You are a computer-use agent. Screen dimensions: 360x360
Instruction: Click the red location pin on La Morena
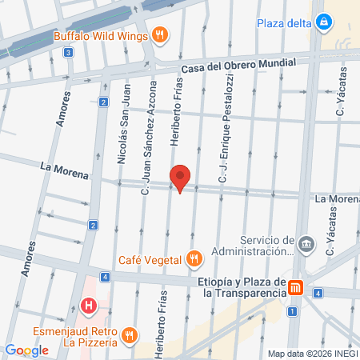181,178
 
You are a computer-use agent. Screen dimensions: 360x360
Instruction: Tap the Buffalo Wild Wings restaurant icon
161,34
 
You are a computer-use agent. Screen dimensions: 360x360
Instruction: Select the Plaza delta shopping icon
323,22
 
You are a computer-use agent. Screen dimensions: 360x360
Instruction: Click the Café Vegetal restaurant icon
194,258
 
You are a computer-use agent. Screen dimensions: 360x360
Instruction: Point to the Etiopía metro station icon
296,287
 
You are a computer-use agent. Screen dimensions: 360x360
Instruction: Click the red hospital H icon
89,305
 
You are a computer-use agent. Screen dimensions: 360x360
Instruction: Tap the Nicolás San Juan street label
122,135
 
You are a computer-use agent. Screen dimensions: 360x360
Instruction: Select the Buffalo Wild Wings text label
101,35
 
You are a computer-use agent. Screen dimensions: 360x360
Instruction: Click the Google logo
26,350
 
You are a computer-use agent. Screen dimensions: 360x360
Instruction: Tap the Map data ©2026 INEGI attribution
313,354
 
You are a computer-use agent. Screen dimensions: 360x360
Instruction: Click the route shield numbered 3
69,53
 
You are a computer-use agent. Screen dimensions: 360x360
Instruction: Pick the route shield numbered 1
292,310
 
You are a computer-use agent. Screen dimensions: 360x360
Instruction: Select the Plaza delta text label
283,22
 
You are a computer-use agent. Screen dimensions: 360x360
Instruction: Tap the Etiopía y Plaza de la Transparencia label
242,287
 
